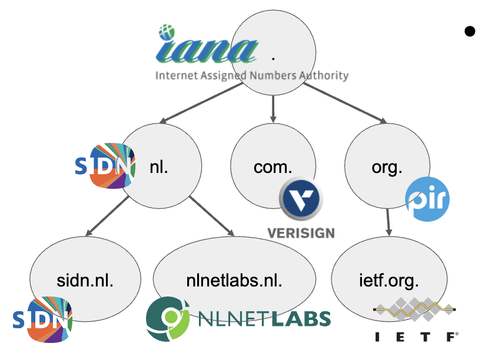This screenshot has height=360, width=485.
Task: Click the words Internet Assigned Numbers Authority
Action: [x=252, y=75]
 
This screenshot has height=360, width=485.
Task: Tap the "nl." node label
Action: [x=159, y=166]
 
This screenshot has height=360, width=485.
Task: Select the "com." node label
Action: [x=273, y=166]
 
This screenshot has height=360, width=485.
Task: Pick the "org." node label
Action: [x=387, y=166]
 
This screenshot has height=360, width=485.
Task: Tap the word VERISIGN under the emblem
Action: [x=300, y=232]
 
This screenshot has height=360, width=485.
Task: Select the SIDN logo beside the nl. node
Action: [x=105, y=165]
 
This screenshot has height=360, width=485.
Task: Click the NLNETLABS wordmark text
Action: [x=265, y=319]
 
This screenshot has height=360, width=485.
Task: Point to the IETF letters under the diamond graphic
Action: [x=416, y=337]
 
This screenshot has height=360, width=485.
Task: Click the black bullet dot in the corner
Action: [x=469, y=31]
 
